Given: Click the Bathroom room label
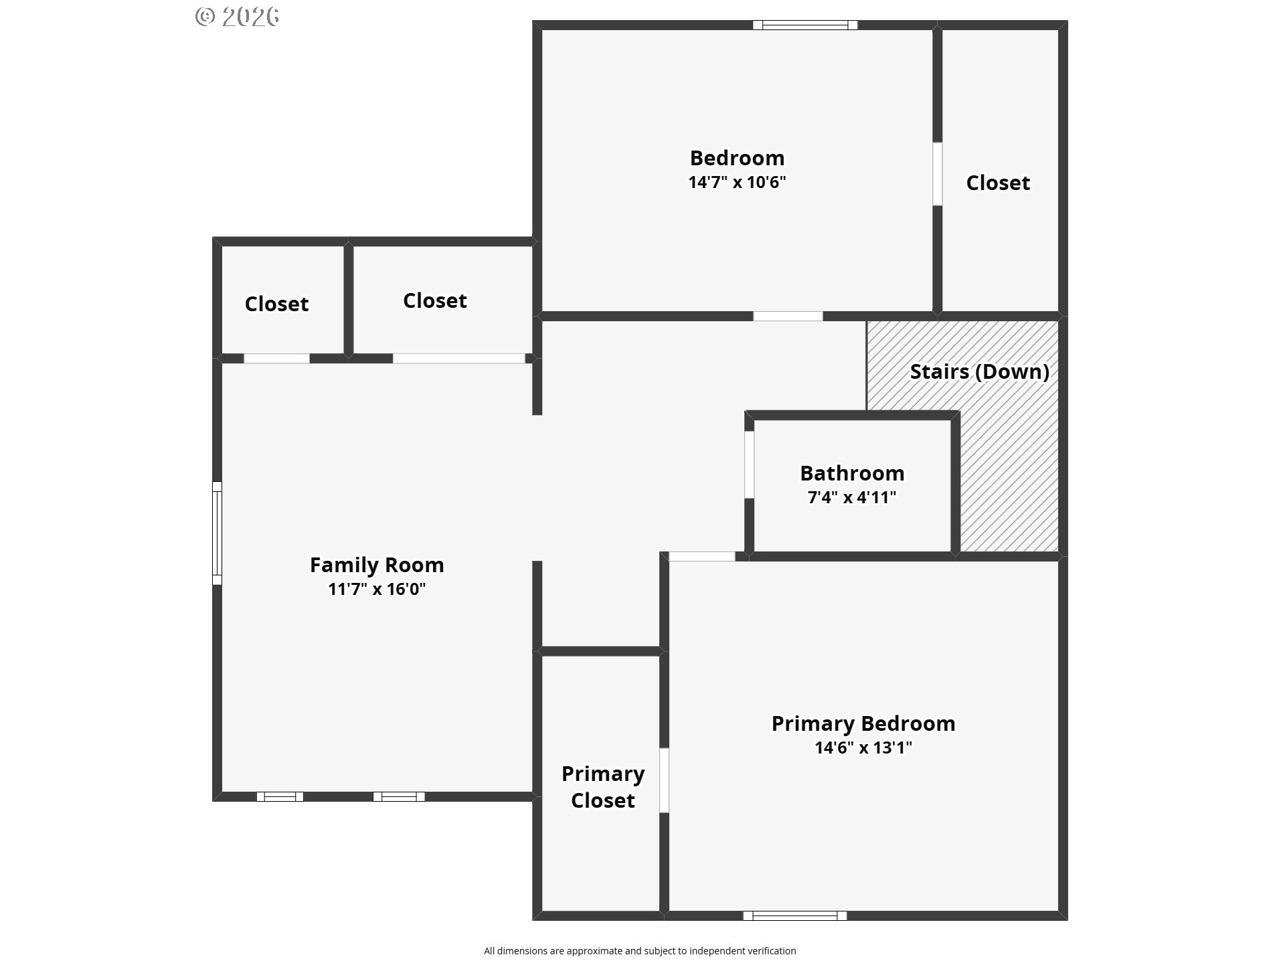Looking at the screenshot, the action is click(x=852, y=473).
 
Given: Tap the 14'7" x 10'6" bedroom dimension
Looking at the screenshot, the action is click(x=737, y=182).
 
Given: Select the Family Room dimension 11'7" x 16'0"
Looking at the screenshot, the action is click(x=377, y=589).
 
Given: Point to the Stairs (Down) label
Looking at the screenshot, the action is click(x=979, y=372).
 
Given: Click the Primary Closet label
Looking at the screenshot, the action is click(x=603, y=787).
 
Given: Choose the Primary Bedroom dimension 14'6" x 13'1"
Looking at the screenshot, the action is click(x=863, y=748).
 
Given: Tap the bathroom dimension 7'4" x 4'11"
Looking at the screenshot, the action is click(x=852, y=497).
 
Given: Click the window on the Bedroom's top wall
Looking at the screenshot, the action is click(x=805, y=25).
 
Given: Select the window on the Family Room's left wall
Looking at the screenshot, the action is click(x=217, y=533).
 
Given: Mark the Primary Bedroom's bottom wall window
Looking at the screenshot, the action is click(x=794, y=915).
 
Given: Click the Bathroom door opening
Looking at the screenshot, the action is click(x=750, y=464).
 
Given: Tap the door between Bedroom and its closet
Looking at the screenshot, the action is click(x=938, y=173).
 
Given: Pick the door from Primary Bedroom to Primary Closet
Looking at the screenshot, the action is click(x=664, y=780).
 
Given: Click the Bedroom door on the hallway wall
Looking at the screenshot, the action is click(x=788, y=317).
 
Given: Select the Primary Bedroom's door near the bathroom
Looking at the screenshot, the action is click(x=702, y=556).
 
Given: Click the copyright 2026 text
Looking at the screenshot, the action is click(x=237, y=17).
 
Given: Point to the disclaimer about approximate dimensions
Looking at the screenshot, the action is click(x=640, y=951).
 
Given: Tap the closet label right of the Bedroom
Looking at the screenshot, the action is click(x=998, y=183).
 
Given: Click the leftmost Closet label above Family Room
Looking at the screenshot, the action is click(x=276, y=304).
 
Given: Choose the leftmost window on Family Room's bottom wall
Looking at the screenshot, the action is click(x=280, y=796).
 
